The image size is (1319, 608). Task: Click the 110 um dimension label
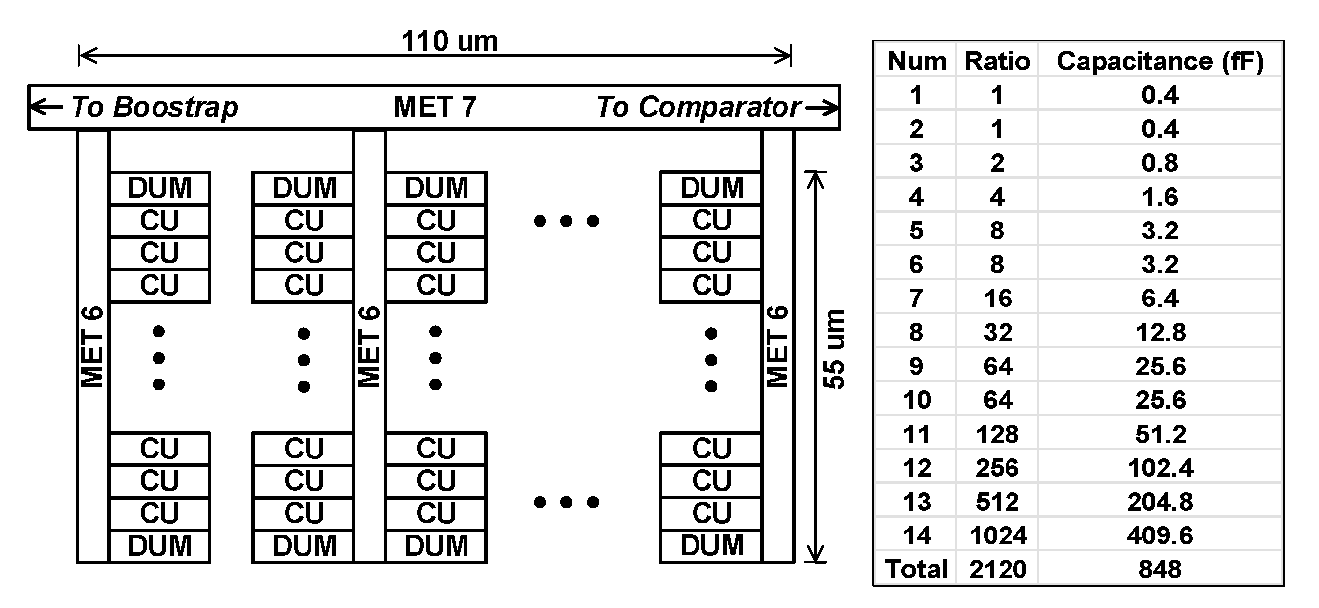tap(449, 41)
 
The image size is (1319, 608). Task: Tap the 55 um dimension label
tap(834, 350)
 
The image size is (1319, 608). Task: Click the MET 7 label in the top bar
tap(435, 107)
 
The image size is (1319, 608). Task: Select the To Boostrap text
tap(154, 107)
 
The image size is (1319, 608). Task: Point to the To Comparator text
tap(698, 107)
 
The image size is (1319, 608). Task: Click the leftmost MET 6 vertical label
tap(93, 347)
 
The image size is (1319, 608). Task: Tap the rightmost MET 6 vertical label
tap(777, 347)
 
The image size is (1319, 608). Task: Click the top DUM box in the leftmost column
tap(160, 188)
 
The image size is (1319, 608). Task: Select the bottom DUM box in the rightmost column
tap(712, 545)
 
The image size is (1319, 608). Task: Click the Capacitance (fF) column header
tap(1160, 62)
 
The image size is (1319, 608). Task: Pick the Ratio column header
tap(997, 62)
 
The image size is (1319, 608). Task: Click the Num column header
tap(917, 62)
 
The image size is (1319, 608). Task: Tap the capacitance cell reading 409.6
tap(1160, 536)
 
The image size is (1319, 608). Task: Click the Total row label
tap(916, 569)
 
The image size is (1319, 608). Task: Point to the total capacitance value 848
tap(1160, 569)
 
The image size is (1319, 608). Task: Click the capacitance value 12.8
tap(1160, 333)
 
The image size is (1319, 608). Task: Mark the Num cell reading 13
tap(917, 502)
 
